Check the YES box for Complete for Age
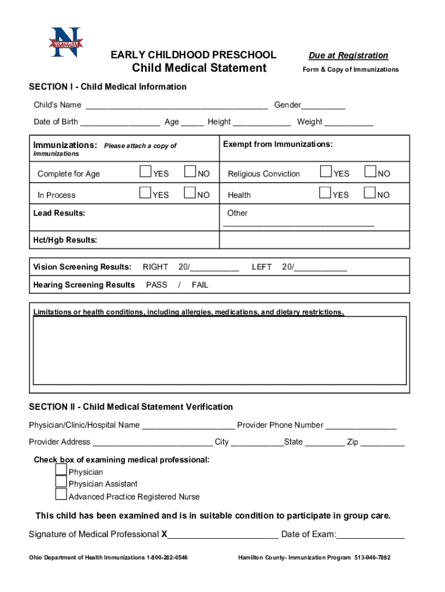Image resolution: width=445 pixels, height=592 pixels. [x=145, y=172]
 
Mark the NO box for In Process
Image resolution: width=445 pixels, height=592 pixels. [x=190, y=194]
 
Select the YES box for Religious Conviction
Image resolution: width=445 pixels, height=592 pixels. [x=326, y=172]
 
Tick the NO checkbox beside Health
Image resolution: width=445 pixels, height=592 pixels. [x=370, y=194]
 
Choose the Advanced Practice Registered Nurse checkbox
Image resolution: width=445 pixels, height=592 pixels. [x=61, y=494]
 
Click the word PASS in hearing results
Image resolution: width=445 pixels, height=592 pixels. [x=157, y=285]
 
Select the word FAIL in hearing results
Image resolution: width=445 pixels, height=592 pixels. [x=200, y=285]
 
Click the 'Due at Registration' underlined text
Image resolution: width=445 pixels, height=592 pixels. [x=348, y=55]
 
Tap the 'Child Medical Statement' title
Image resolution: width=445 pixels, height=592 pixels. [x=199, y=68]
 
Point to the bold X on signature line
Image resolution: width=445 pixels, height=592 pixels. [x=164, y=534]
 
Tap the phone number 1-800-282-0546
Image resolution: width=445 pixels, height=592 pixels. [x=168, y=558]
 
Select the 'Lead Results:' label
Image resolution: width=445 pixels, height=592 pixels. [x=60, y=213]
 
